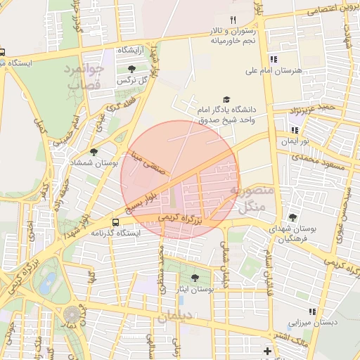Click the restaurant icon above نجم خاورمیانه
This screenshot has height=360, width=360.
click(x=233, y=20)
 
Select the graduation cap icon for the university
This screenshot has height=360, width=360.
click(x=226, y=101)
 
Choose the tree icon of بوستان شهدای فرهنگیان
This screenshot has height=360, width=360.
click(x=292, y=217)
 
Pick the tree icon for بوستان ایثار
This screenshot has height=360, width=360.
click(x=195, y=278)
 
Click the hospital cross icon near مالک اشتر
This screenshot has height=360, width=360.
click(x=267, y=351)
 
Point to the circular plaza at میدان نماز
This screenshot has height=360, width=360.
click(x=72, y=314)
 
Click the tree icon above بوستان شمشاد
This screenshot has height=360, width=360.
click(x=94, y=151)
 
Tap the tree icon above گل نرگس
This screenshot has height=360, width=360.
click(x=132, y=69)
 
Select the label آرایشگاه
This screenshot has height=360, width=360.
click(x=131, y=51)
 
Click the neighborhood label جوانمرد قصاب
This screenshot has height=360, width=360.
click(x=85, y=77)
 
